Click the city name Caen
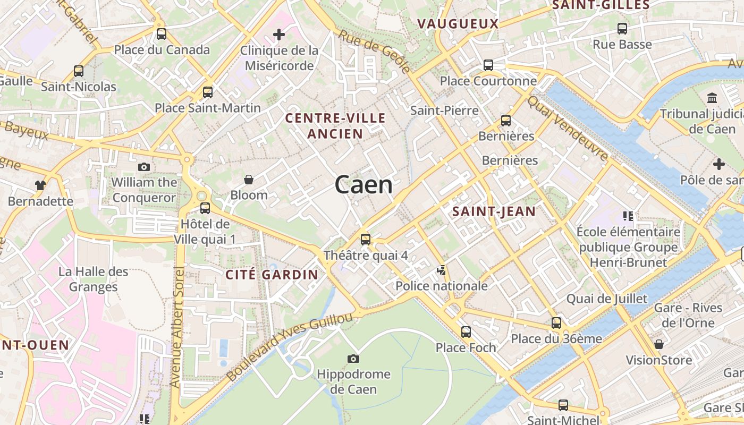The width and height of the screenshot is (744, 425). [x=364, y=184]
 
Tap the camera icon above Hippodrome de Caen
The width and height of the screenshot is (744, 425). [x=353, y=359]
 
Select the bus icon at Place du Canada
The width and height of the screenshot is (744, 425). [x=162, y=34]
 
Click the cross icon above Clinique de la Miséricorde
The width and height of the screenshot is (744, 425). [x=279, y=35]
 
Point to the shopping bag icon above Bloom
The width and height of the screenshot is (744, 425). [x=248, y=180]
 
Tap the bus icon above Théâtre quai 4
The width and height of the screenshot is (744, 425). [x=366, y=240]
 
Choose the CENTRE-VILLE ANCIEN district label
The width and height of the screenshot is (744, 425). [x=335, y=126]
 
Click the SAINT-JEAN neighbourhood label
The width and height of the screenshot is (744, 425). [x=494, y=211]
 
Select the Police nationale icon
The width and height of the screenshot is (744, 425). [x=441, y=271]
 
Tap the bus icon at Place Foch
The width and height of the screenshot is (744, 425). [x=466, y=332]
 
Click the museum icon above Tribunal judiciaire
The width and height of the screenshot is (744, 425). [x=712, y=98]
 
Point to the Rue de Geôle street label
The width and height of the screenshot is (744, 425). [x=375, y=51]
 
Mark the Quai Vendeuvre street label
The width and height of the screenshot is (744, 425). [x=568, y=128]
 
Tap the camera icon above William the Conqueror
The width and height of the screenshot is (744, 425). [x=143, y=167]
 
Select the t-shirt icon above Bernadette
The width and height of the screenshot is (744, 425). [x=40, y=185]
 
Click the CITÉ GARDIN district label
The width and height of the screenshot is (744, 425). [x=272, y=275]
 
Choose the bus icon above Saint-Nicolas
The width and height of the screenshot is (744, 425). [x=79, y=71]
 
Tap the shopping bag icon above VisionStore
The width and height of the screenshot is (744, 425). [x=659, y=344]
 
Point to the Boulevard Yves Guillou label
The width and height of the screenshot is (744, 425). [x=289, y=346]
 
